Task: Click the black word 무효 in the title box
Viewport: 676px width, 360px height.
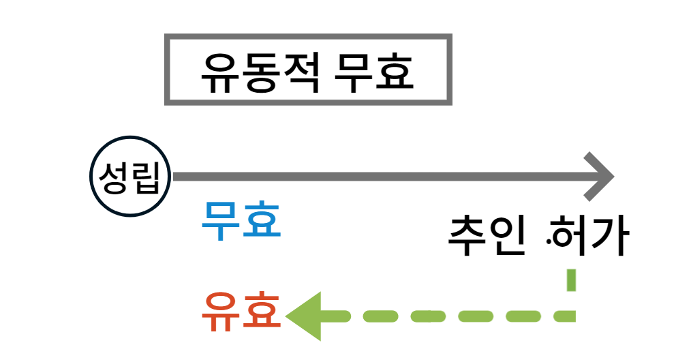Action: tap(375, 72)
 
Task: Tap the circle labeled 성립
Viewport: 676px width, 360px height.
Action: tap(130, 177)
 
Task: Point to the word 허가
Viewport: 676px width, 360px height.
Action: tap(590, 237)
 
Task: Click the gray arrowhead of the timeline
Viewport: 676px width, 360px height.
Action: tap(599, 177)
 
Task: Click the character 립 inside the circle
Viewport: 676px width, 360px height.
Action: tap(147, 177)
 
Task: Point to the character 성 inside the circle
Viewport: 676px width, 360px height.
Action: tap(114, 177)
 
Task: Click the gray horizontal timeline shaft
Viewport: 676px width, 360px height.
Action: tap(382, 177)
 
